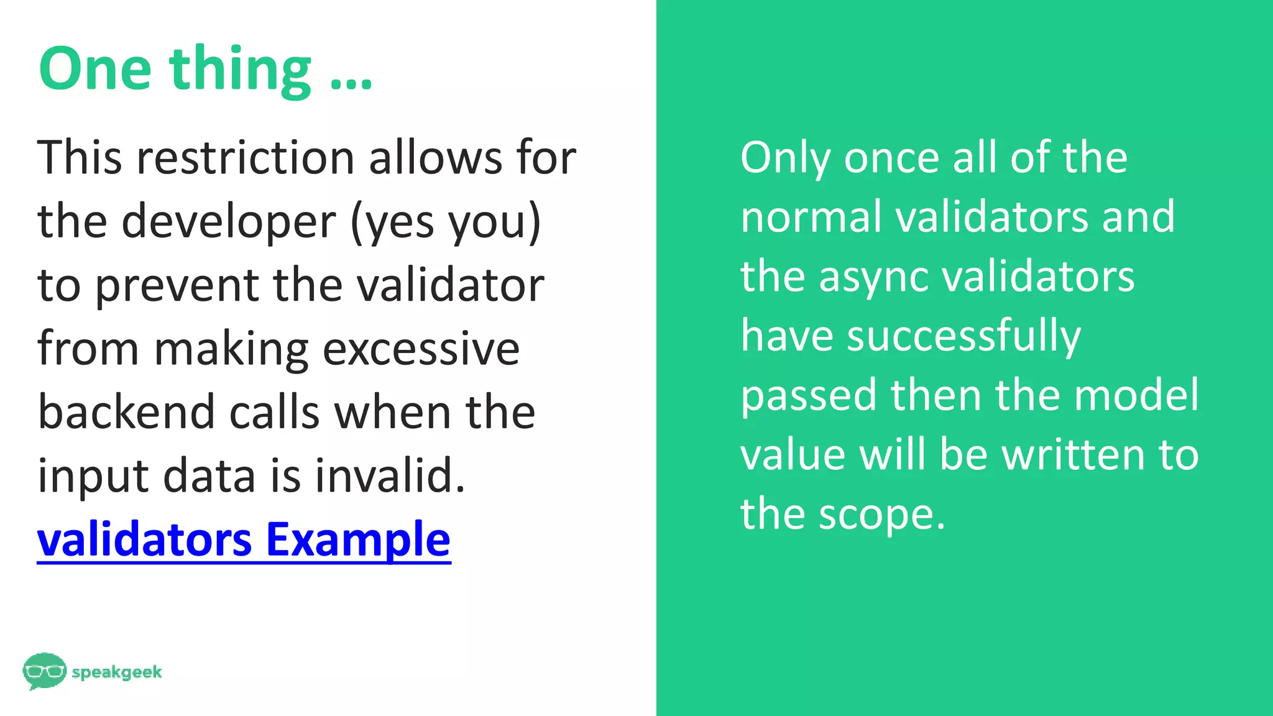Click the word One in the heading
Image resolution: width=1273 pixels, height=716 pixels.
click(95, 69)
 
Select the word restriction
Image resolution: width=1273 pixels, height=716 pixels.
click(246, 158)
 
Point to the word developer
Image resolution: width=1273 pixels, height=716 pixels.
click(229, 222)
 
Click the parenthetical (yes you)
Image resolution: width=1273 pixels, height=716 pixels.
click(446, 222)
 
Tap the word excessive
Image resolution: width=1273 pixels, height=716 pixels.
click(421, 349)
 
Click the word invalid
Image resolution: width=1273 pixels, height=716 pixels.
click(390, 476)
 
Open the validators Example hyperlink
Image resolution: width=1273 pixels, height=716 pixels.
click(244, 539)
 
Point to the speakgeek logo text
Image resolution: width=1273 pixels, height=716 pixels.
click(117, 672)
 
